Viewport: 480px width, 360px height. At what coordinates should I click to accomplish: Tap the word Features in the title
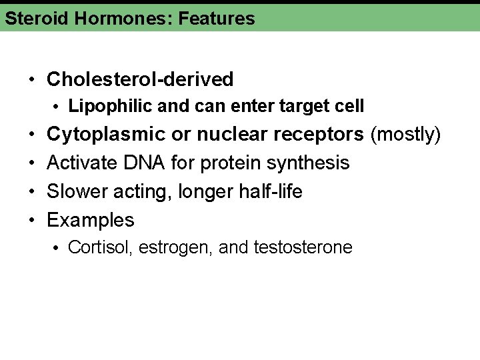point(217,18)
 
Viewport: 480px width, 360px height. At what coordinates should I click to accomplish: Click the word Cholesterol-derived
point(140,79)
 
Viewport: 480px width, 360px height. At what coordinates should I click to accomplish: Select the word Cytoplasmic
point(106,135)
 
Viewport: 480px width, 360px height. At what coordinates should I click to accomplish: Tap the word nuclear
point(229,135)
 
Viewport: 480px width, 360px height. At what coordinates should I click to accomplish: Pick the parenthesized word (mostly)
point(406,135)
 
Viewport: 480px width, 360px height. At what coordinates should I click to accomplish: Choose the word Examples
point(91,220)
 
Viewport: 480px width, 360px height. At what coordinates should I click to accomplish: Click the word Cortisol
point(100,247)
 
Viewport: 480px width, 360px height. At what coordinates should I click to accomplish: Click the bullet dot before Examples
point(33,220)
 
